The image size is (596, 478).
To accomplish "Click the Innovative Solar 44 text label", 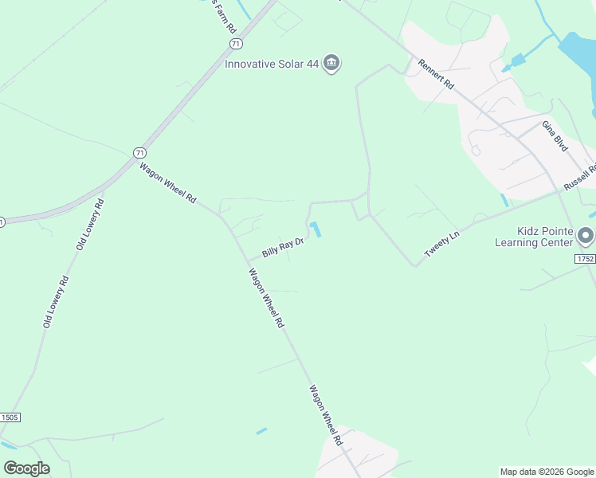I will point(272,64).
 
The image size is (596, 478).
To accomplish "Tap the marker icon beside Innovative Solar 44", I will point(332,64).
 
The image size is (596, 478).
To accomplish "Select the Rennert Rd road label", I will point(436,73).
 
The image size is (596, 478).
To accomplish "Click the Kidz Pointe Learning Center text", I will point(534,237).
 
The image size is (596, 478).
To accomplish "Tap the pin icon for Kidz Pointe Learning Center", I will point(586,236).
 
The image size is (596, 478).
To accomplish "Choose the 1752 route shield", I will point(585,261).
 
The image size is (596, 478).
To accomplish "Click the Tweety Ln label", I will point(443,241).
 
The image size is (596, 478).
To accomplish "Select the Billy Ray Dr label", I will point(284,248).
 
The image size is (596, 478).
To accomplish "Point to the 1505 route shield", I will point(9,417).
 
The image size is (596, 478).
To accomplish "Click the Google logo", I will point(26,468).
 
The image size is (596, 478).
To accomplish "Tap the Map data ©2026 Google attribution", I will point(547,472).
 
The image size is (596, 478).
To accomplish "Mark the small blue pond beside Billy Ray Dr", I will point(316,229).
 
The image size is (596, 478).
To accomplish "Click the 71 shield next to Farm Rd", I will point(234,43).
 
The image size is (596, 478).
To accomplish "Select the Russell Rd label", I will point(580,177).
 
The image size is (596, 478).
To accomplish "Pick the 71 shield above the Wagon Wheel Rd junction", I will point(140,152).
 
